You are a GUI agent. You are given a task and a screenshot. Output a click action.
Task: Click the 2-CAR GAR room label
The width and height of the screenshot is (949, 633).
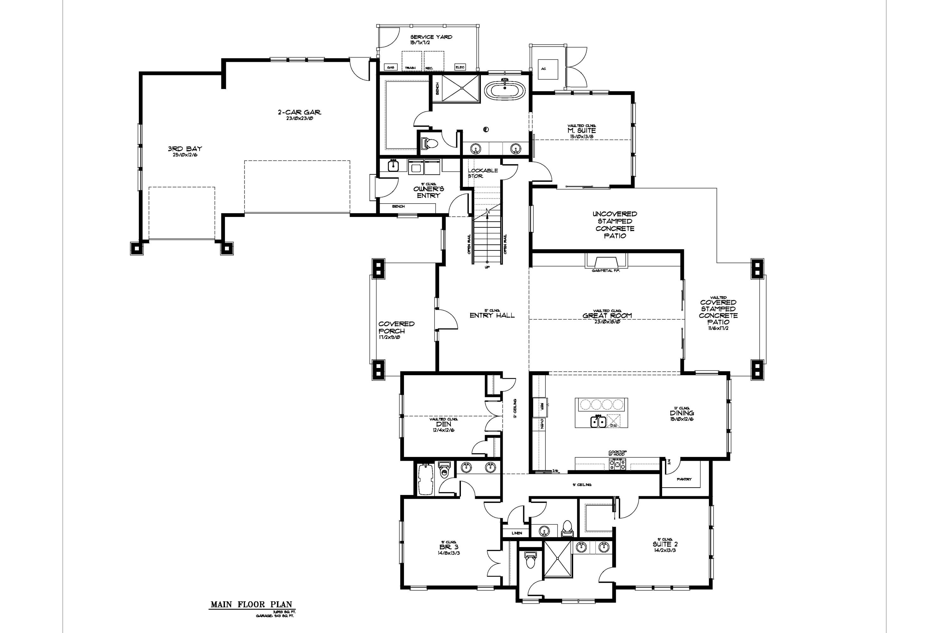[x=299, y=112]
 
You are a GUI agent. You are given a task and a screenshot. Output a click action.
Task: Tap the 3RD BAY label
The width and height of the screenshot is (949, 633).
[x=185, y=149]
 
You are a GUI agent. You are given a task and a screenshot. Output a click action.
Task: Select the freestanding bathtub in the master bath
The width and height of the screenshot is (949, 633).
[x=504, y=91]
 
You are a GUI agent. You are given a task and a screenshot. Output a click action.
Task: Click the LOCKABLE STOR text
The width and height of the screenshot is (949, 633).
[x=482, y=173]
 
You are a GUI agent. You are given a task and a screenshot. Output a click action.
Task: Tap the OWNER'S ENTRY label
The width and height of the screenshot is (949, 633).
[x=429, y=192]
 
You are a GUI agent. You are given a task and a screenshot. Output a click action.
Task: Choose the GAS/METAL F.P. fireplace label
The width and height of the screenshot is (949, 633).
[x=605, y=270]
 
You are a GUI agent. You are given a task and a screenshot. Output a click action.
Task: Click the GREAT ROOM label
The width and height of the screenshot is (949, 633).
[x=607, y=316]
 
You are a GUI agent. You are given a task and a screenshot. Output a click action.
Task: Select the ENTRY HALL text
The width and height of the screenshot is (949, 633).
[x=492, y=315]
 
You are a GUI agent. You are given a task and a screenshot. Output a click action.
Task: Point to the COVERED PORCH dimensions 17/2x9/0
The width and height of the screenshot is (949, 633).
[x=389, y=338]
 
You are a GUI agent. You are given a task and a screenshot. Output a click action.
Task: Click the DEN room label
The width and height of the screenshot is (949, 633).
[x=443, y=424]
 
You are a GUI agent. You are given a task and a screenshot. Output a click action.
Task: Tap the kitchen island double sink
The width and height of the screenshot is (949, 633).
[x=598, y=422]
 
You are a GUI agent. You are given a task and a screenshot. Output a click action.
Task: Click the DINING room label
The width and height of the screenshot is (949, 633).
[x=682, y=413]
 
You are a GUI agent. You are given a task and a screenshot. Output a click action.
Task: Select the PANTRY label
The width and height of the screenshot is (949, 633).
[x=684, y=479]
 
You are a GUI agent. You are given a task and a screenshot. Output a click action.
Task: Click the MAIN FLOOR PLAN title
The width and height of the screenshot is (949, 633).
[x=251, y=604]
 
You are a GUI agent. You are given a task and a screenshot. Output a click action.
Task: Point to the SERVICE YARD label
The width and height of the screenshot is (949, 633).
[x=431, y=37]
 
